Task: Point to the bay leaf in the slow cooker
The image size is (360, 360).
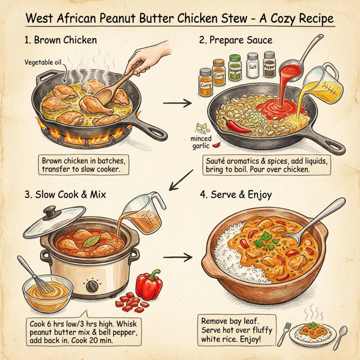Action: point(90,241)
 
